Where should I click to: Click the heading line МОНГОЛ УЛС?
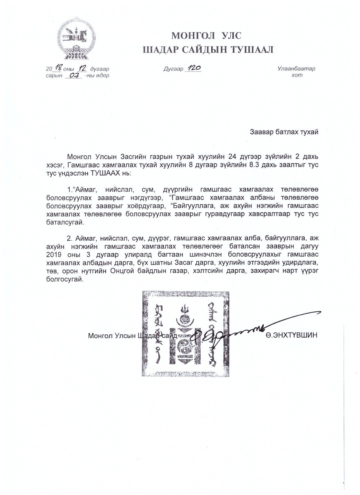[207, 36]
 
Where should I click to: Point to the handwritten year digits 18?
[59, 68]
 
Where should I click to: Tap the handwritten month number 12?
[84, 68]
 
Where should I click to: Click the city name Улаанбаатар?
[296, 69]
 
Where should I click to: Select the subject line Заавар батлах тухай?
[284, 132]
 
